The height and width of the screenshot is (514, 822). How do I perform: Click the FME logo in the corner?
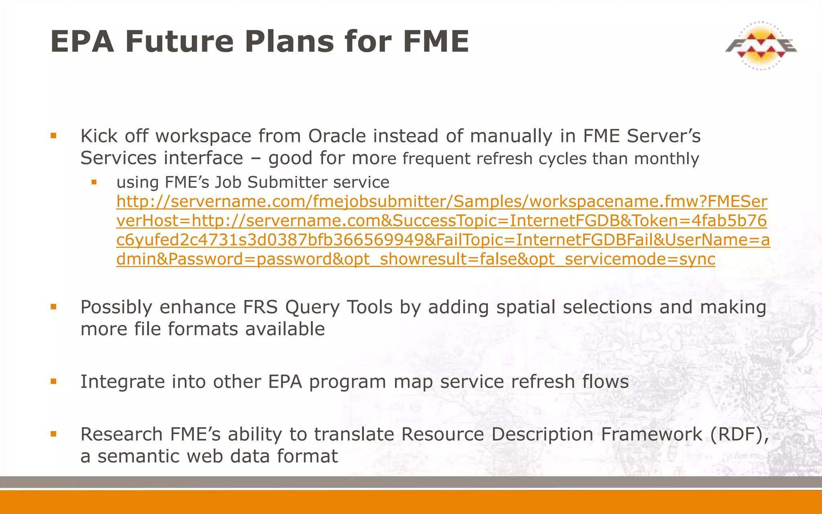761,45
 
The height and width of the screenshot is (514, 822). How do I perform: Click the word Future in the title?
179,41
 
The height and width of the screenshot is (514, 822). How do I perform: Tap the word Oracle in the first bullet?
337,136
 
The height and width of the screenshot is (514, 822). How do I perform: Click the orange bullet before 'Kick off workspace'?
53,136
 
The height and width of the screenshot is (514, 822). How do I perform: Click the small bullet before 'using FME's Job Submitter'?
94,182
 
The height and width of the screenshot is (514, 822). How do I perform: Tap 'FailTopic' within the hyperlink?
469,240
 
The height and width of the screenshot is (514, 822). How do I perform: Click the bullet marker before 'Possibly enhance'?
53,307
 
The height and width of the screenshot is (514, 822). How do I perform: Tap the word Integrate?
122,381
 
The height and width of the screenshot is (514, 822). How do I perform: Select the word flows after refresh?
605,381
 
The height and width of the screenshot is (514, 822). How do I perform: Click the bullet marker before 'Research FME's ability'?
53,434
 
